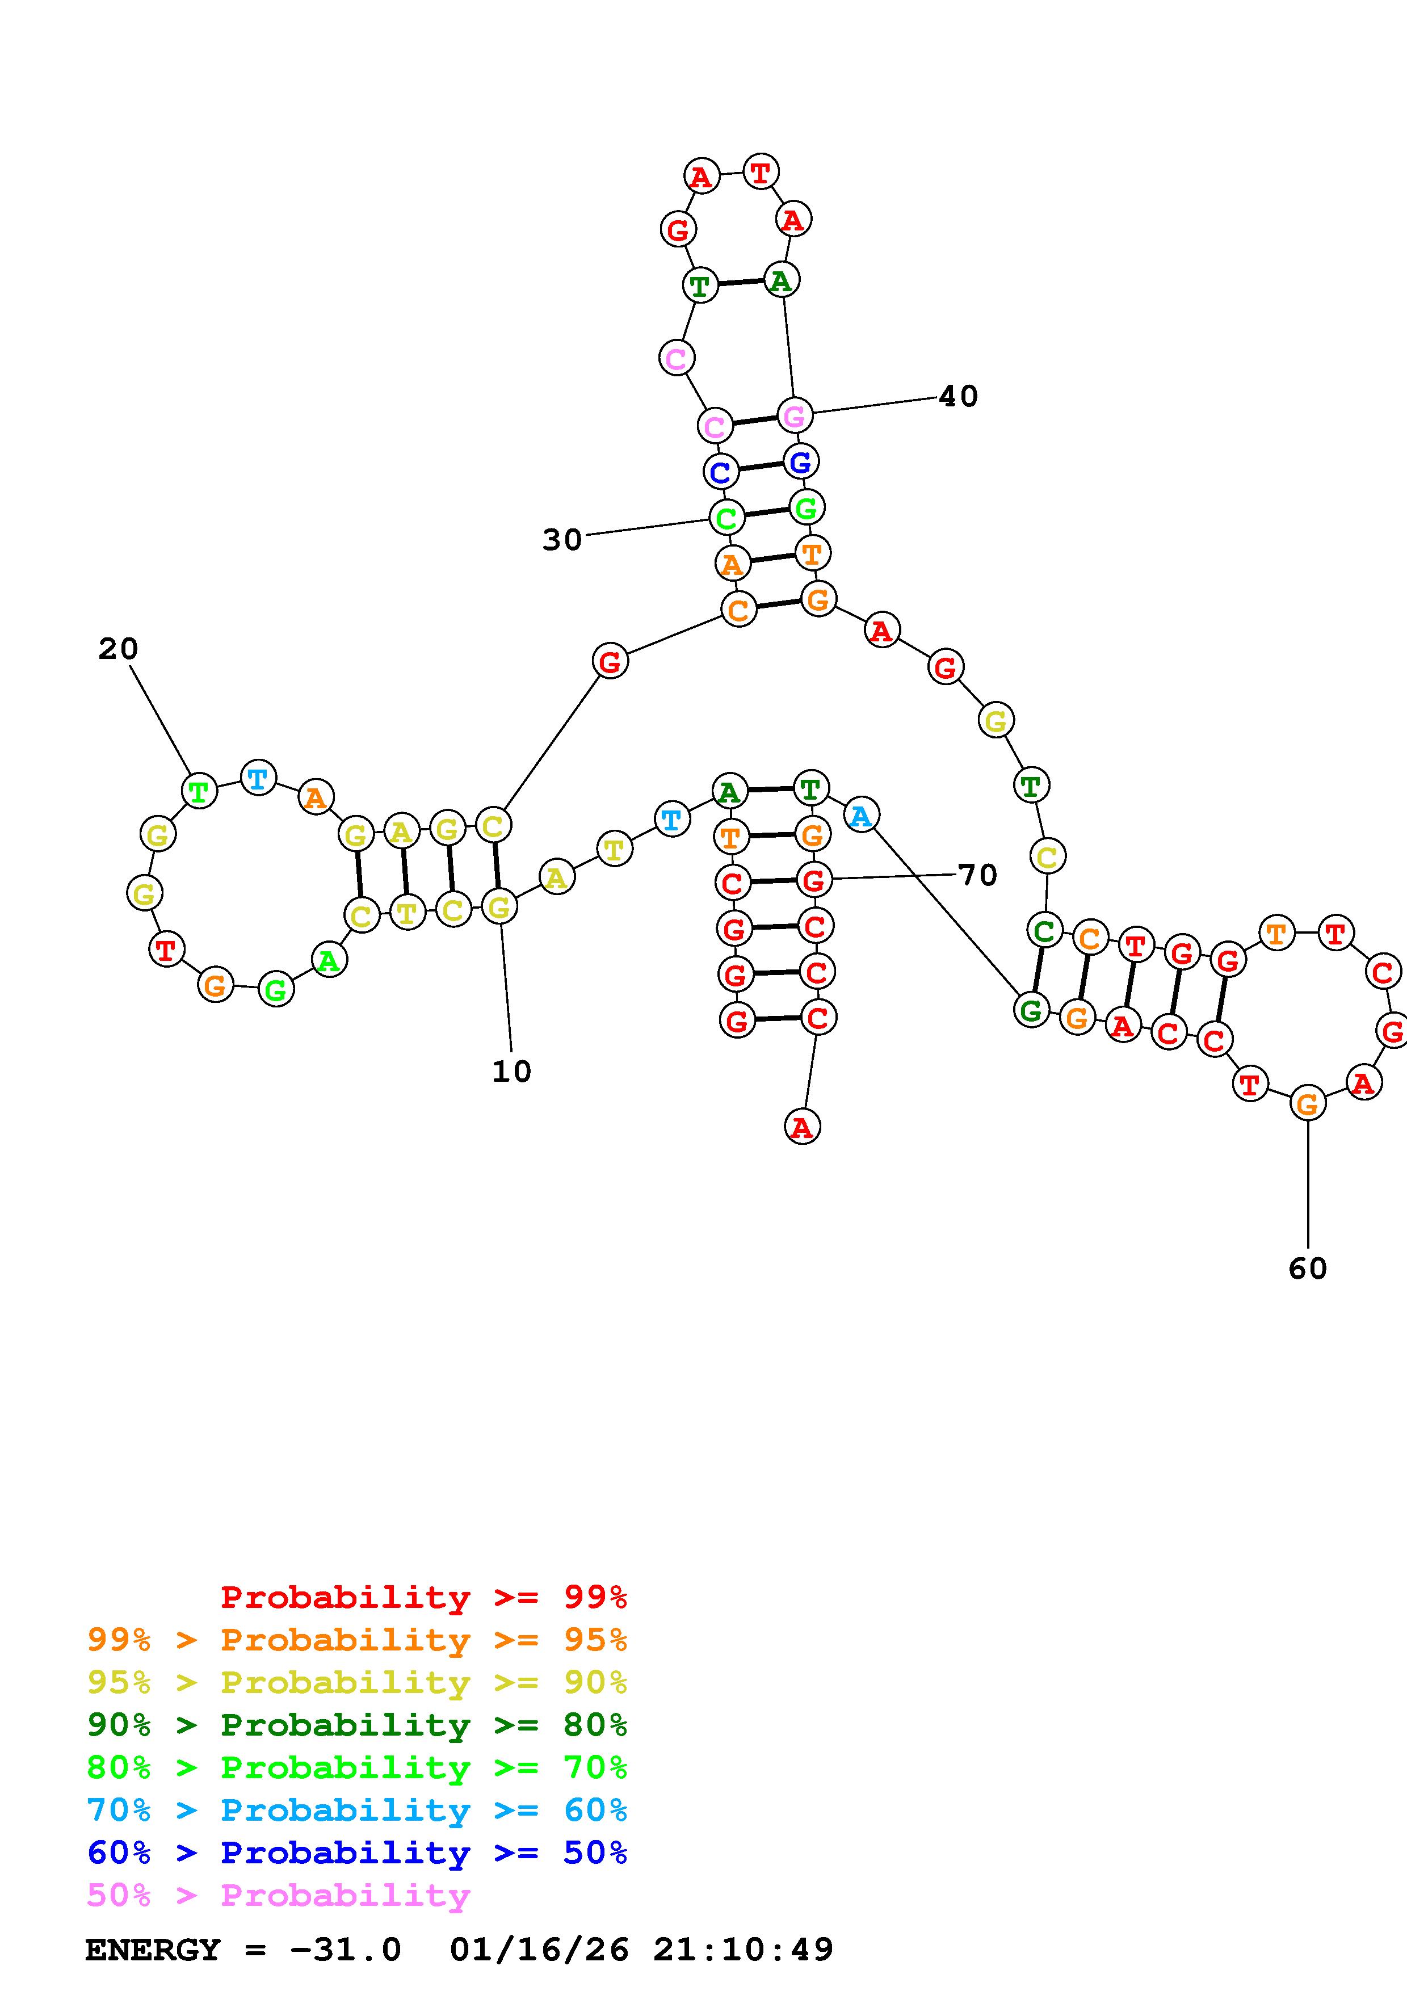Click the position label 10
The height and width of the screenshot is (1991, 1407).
511,1072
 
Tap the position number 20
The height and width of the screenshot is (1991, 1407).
118,649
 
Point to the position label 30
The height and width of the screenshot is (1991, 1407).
562,540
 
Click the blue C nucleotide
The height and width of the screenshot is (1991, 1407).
720,473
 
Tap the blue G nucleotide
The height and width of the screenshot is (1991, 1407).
801,461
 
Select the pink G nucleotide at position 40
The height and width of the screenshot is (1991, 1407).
794,415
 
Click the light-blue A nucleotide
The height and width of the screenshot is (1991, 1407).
861,815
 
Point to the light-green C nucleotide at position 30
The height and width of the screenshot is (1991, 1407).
726,519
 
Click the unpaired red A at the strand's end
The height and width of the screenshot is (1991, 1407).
802,1127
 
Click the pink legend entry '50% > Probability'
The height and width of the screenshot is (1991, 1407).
278,1896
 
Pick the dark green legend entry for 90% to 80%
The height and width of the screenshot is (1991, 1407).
357,1725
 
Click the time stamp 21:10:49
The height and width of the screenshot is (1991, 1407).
743,1950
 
